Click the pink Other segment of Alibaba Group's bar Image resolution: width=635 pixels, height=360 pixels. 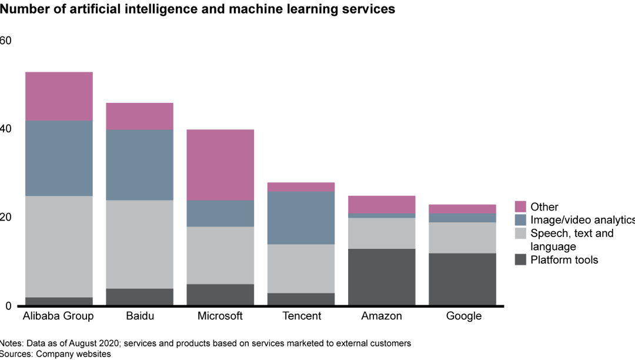[58, 96]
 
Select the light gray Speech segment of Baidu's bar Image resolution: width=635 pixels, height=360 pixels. [139, 244]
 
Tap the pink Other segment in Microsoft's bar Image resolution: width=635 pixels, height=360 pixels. [220, 165]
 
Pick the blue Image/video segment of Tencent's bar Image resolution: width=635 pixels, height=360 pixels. [300, 218]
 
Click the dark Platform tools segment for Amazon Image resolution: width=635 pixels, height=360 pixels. [381, 277]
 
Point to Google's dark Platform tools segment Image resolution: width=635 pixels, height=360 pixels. [462, 279]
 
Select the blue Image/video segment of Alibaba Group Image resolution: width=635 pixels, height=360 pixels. [58, 158]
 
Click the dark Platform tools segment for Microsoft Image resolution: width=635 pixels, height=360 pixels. [220, 295]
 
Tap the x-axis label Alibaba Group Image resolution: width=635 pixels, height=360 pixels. [58, 316]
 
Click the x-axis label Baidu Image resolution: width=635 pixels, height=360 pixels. [139, 316]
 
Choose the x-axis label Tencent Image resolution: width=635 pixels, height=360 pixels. [302, 316]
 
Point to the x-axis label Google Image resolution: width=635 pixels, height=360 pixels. [464, 316]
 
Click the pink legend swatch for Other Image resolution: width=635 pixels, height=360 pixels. [520, 206]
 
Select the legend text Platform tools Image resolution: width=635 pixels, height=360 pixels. [564, 260]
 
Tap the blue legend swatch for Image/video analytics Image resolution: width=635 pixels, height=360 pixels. [520, 219]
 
